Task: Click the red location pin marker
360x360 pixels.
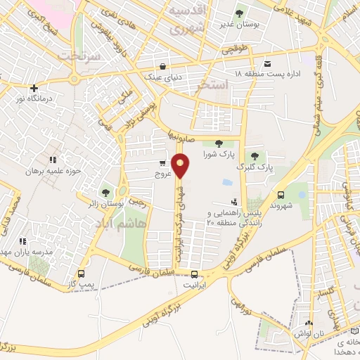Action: (181, 166)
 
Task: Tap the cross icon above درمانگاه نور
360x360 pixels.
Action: (34, 88)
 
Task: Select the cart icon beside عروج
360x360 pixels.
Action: (162, 164)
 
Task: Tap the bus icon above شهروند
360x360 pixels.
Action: (281, 195)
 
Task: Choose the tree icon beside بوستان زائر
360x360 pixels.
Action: (105, 192)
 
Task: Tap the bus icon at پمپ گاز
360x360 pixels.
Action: (82, 274)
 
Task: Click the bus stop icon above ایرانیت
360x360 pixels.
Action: (195, 276)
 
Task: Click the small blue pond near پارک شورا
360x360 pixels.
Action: (226, 183)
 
